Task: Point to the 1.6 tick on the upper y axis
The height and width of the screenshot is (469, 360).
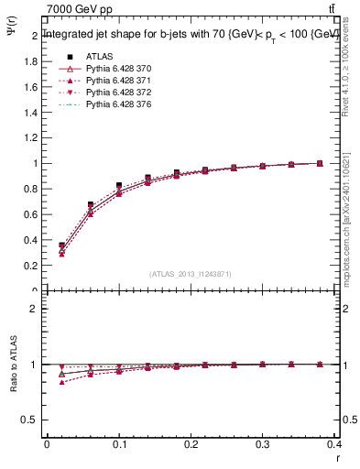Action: [x=33, y=87]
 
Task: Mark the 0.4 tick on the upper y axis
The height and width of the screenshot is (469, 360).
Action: [x=33, y=240]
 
